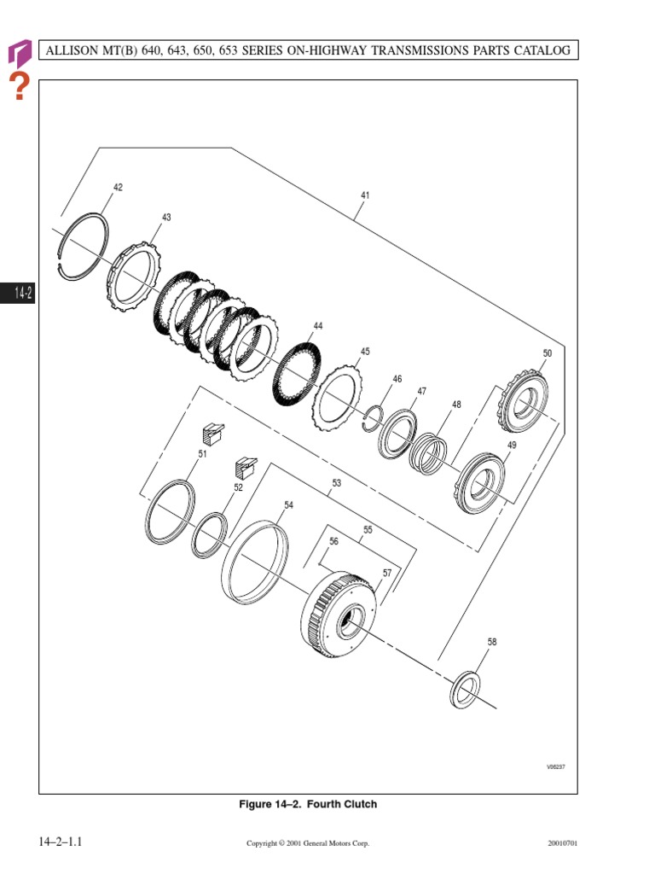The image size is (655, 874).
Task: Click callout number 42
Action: tap(118, 187)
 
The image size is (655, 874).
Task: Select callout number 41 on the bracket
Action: tap(365, 195)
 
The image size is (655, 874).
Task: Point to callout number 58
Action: tap(492, 642)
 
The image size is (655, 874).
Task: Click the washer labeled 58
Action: tap(452, 691)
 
